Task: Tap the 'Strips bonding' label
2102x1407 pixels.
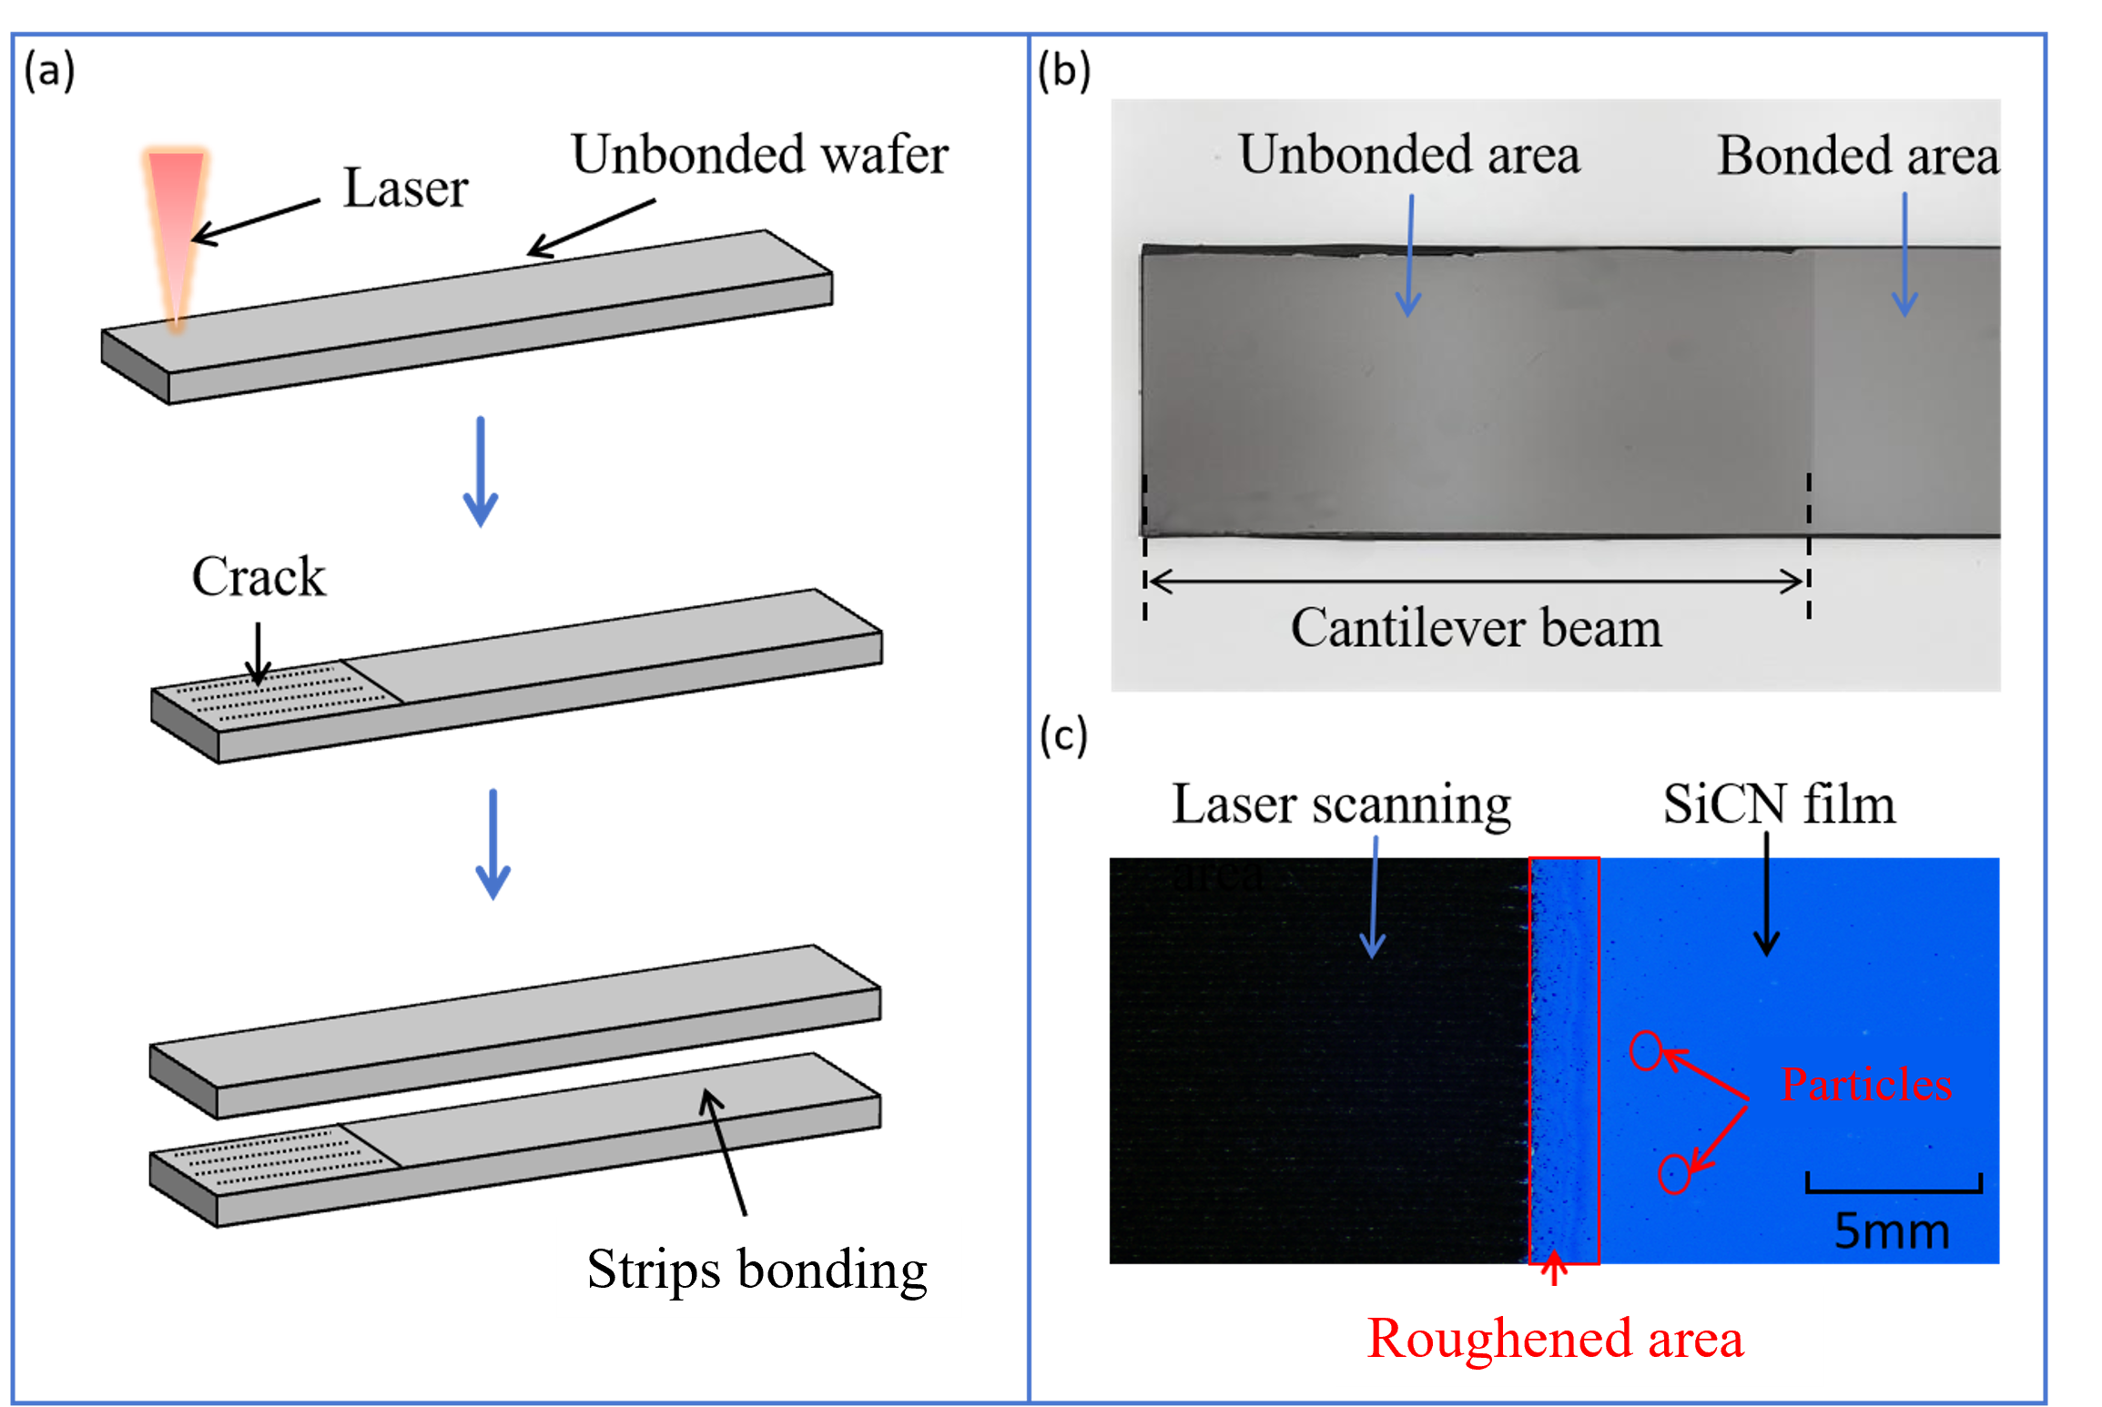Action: pos(757,1269)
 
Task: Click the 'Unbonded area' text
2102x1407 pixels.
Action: pos(1408,155)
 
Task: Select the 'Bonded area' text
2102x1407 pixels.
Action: pos(1857,156)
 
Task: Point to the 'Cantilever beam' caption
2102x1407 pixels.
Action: pos(1476,628)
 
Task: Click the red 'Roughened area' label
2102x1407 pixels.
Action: pos(1555,1339)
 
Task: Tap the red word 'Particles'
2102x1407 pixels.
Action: pos(1866,1085)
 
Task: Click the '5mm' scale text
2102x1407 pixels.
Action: pos(1892,1230)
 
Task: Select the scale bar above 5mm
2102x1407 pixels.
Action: pos(1894,1187)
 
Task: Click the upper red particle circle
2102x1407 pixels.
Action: pos(1646,1051)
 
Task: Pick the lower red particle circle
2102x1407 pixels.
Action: pos(1674,1173)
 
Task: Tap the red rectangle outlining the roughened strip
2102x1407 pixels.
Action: pos(1564,1060)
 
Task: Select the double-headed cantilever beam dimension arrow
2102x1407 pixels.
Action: pos(1476,581)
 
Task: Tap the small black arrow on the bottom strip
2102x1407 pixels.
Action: pos(714,1119)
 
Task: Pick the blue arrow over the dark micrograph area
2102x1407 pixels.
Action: pos(1374,896)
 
